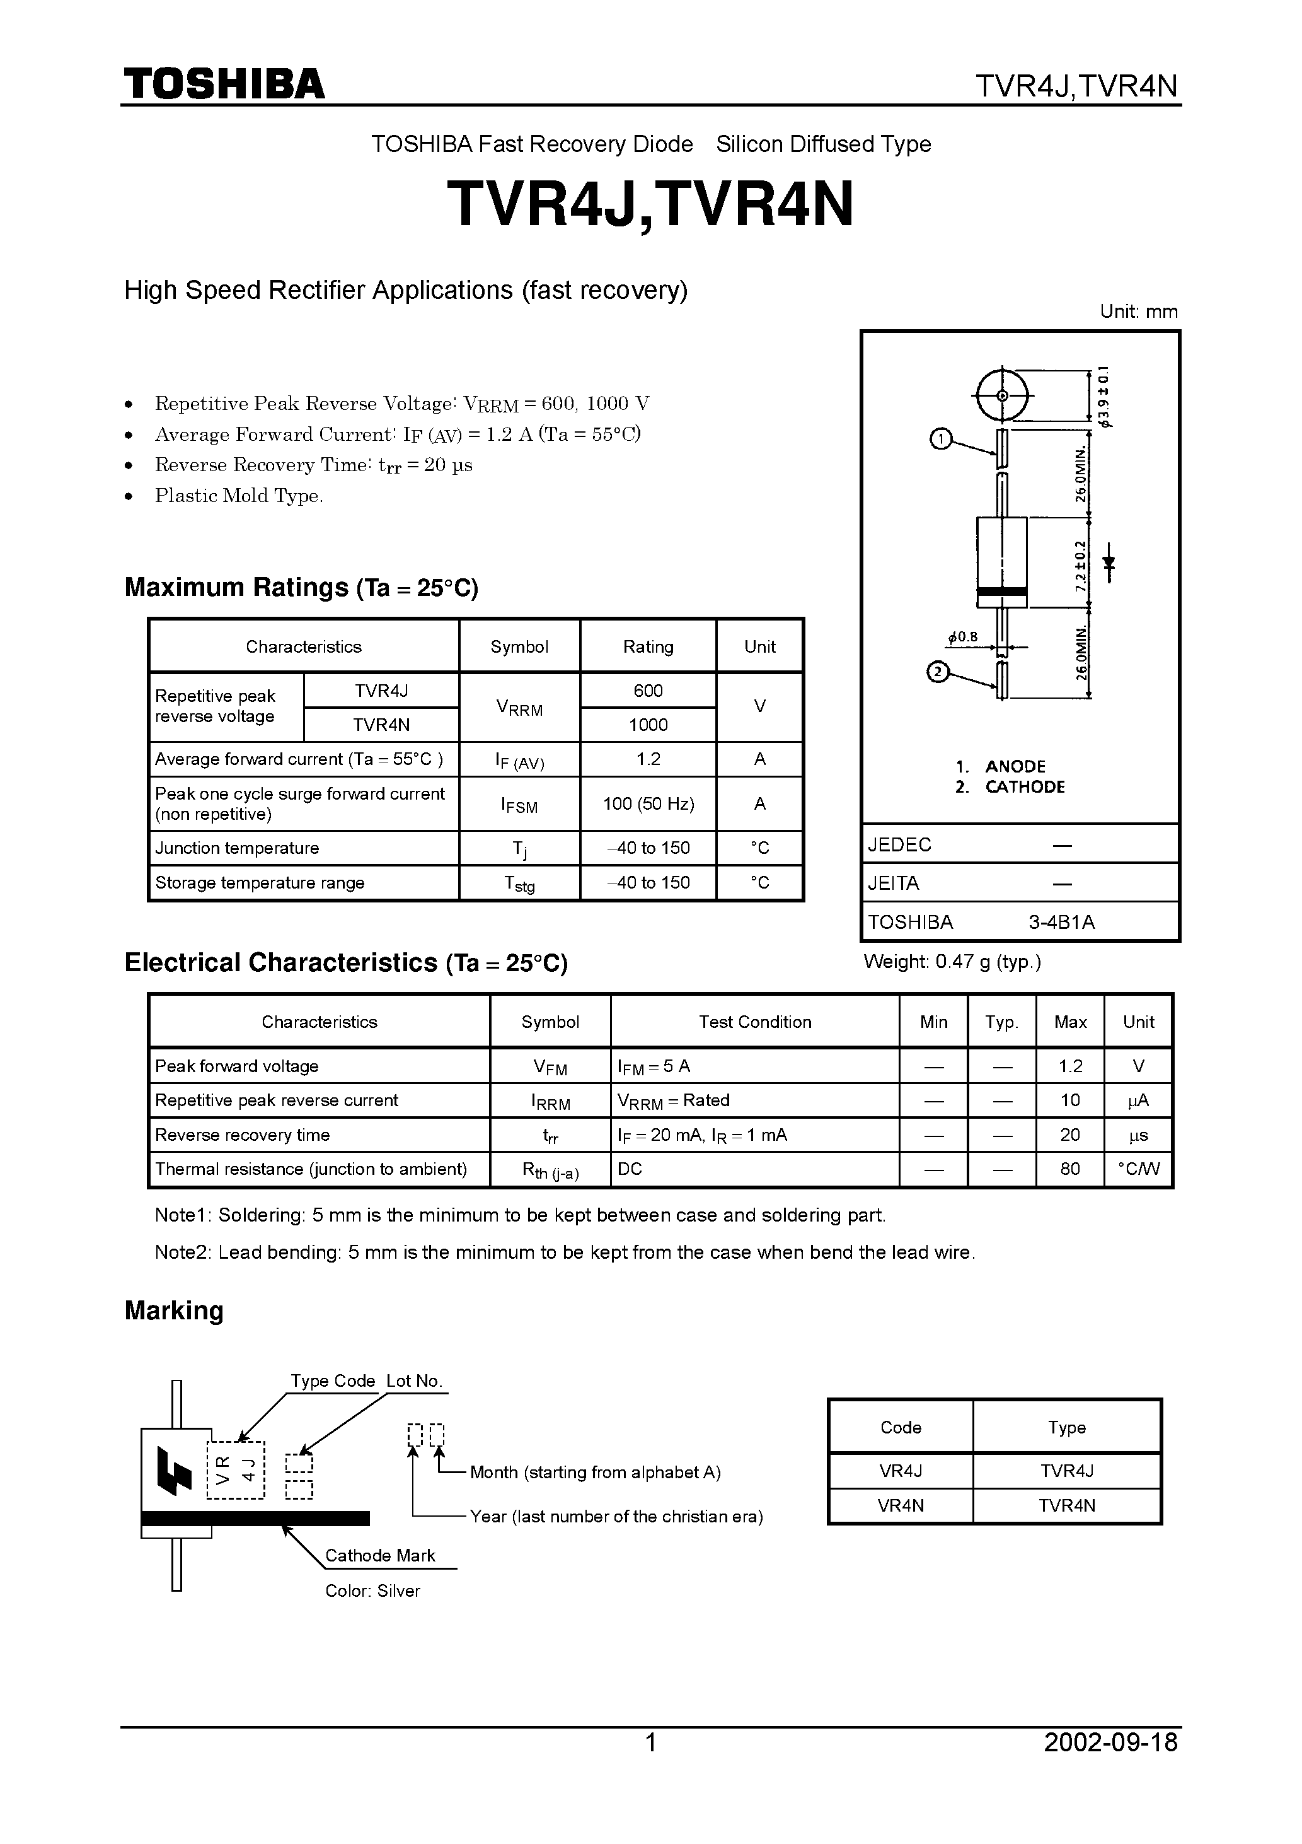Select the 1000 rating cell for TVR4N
[x=648, y=725]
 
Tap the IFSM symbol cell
[x=519, y=804]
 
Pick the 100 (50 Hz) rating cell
[x=648, y=804]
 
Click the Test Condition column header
[x=754, y=1022]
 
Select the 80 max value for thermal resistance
[x=1069, y=1169]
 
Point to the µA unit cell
[x=1138, y=1100]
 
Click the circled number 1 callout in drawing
[x=940, y=440]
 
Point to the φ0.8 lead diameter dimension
[x=963, y=638]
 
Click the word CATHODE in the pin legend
[x=1025, y=787]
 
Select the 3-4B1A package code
[x=1061, y=922]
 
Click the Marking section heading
[x=174, y=1310]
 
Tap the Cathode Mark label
[x=379, y=1556]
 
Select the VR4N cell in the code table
[x=901, y=1506]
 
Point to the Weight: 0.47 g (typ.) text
[x=952, y=961]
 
